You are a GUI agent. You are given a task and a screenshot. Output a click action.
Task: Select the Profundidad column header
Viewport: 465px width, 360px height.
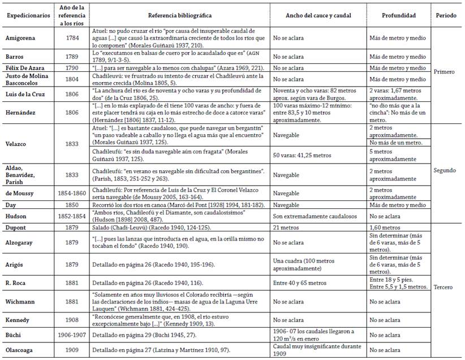pyautogui.click(x=398, y=15)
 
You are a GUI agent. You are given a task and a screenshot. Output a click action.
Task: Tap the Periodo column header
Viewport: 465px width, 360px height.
pyautogui.click(x=447, y=15)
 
